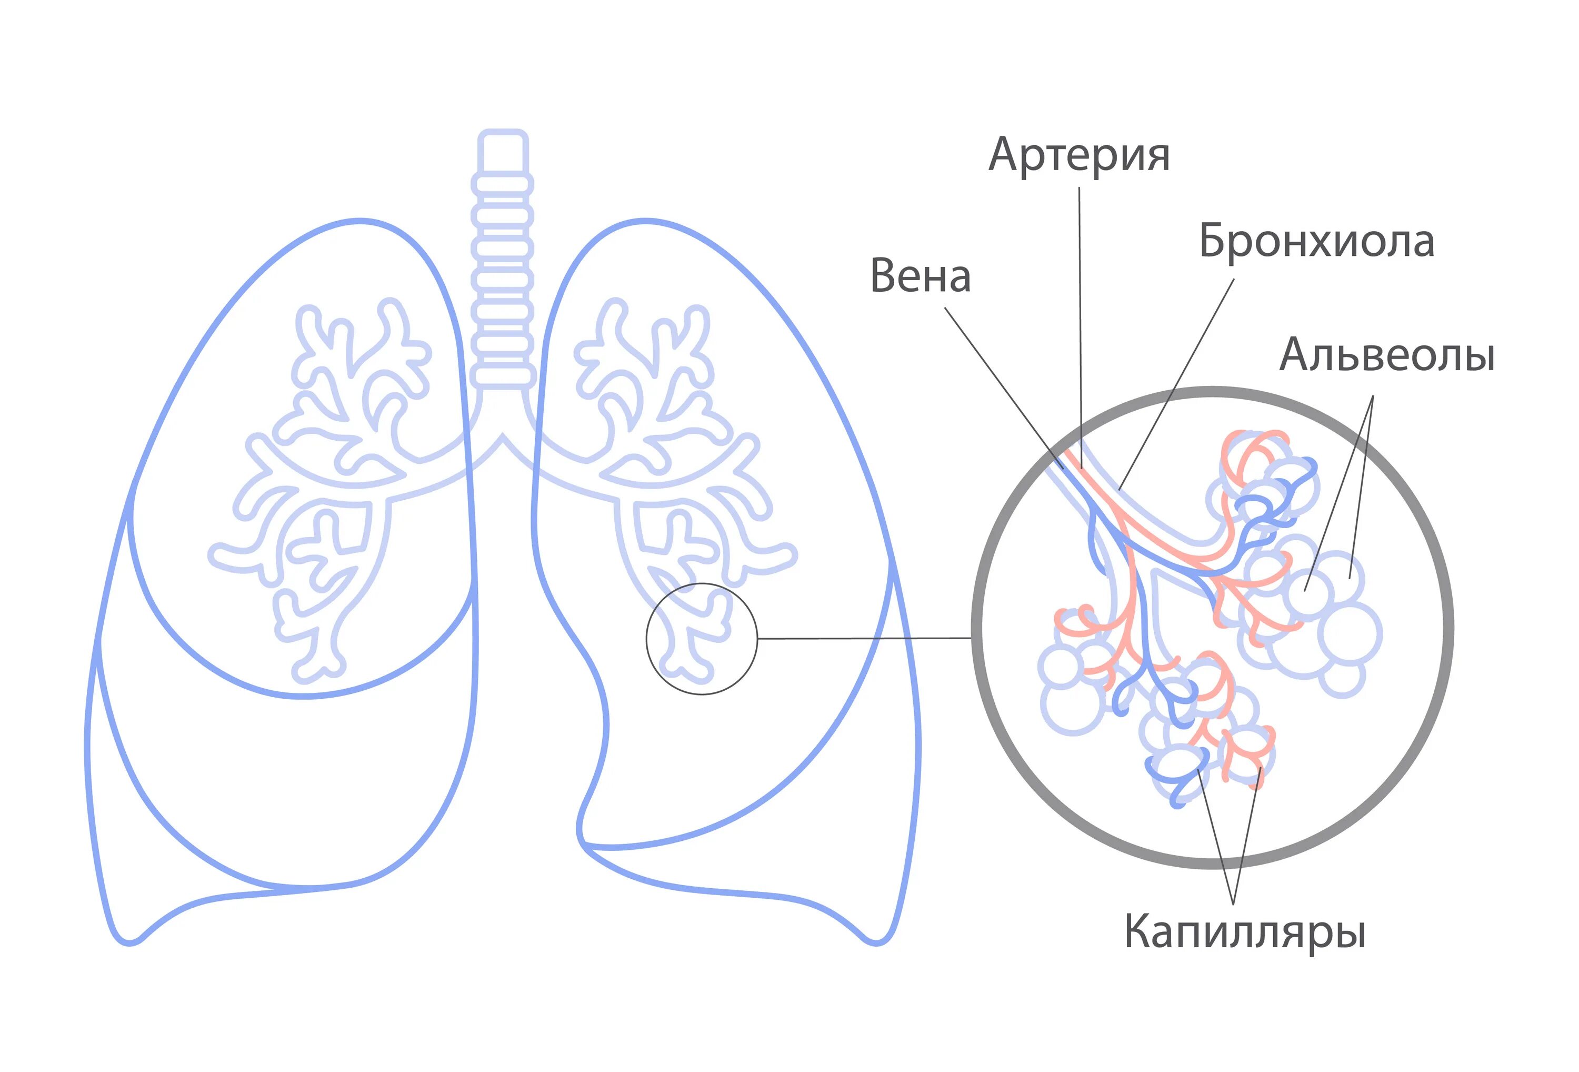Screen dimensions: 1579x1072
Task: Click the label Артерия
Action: click(x=1079, y=156)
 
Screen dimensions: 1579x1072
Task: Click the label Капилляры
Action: click(x=1245, y=931)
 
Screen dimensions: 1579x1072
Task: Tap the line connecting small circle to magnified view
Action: click(x=863, y=638)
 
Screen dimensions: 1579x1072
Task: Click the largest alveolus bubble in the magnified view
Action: click(x=1350, y=633)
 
